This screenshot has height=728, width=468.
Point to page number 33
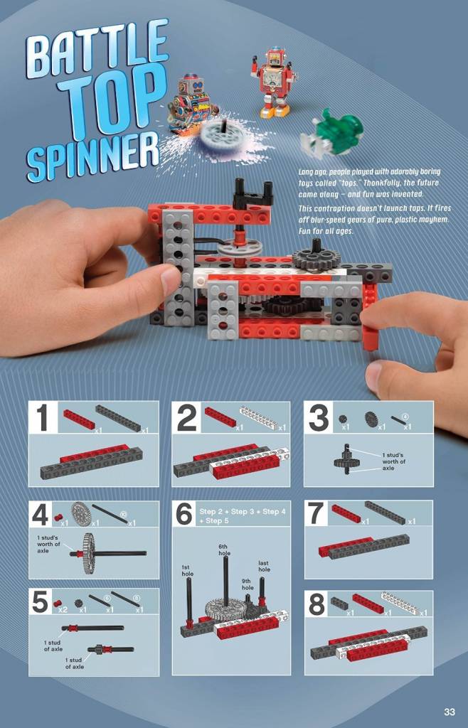(449, 712)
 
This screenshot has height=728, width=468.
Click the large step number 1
(43, 418)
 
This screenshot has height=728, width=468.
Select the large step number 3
(319, 418)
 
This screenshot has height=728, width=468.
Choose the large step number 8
(317, 604)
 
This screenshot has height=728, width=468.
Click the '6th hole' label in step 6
(224, 550)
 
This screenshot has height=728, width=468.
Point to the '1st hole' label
(188, 570)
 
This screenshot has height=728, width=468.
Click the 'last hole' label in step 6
(264, 566)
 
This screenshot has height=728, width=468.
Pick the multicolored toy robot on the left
(191, 104)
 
